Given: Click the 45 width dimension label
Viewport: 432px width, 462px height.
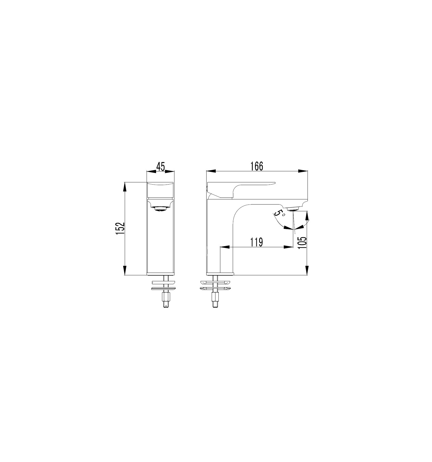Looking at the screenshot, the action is coord(160,166).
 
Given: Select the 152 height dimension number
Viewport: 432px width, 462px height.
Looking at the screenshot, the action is coord(120,228).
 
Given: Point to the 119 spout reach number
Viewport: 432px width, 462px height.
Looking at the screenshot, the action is coord(256,242).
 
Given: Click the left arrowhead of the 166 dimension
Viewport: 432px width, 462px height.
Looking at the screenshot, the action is coord(211,171).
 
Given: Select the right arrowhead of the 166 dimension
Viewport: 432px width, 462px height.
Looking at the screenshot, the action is coord(303,171).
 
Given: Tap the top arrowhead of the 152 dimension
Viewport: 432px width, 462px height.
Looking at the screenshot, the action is coord(125,187).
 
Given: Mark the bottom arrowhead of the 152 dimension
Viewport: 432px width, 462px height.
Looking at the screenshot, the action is coord(125,270).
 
